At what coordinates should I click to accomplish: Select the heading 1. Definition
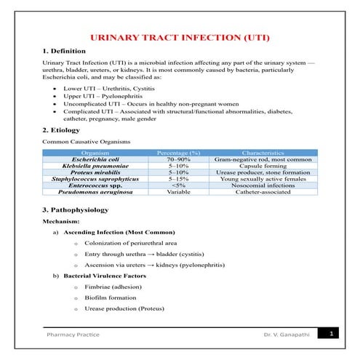tap(64, 51)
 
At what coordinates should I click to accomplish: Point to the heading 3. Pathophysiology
tap(76, 209)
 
